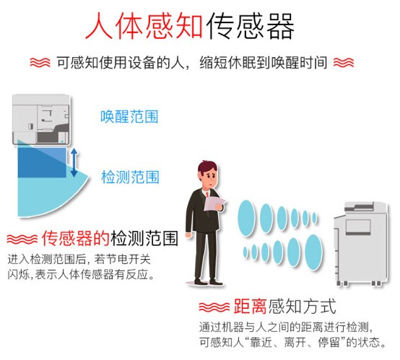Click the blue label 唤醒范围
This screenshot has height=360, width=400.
click(129, 117)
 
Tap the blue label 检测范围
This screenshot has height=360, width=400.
click(130, 177)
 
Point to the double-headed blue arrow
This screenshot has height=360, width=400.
click(74, 162)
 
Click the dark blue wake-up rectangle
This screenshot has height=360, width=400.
click(42, 162)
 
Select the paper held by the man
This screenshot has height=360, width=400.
click(214, 204)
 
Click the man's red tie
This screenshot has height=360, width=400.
click(207, 194)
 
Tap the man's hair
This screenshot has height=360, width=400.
click(207, 167)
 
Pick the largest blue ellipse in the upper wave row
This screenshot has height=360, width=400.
click(246, 218)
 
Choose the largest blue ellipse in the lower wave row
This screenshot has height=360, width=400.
click(313, 251)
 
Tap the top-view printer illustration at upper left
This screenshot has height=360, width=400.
click(41, 119)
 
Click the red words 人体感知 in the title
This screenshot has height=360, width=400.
click(144, 27)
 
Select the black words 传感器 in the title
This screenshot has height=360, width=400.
click(250, 27)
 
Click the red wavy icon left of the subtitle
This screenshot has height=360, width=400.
click(40, 63)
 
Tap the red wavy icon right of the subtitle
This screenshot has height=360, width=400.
click(344, 63)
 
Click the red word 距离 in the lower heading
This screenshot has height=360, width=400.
click(251, 306)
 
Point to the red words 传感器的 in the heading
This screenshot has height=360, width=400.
click(76, 238)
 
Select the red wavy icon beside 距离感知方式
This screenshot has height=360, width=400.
click(214, 307)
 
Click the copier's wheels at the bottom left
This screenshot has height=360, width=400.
click(342, 283)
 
